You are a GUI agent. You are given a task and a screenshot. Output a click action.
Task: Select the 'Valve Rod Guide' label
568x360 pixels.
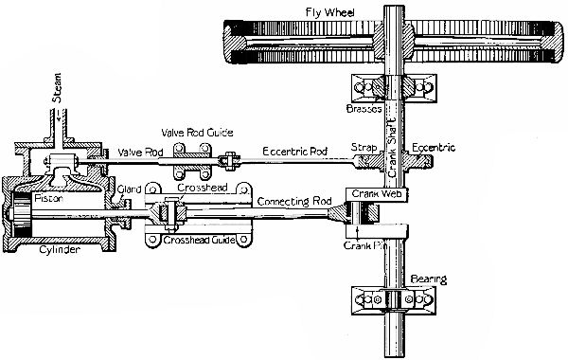click(x=195, y=133)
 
